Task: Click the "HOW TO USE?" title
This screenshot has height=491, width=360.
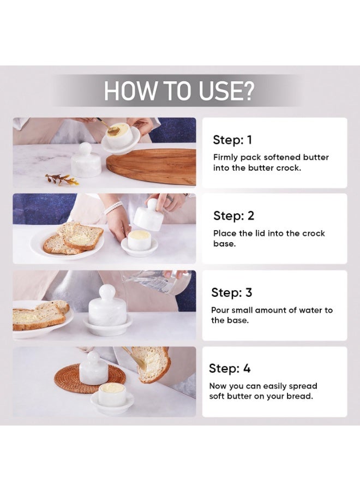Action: (179, 91)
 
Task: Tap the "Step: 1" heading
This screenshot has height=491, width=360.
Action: (232, 140)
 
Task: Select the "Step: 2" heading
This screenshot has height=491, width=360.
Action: (233, 215)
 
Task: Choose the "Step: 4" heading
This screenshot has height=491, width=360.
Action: (230, 368)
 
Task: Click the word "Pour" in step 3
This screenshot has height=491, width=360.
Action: (221, 310)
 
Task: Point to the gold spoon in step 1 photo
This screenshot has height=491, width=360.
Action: (111, 129)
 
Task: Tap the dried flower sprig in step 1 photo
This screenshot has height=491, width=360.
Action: (61, 178)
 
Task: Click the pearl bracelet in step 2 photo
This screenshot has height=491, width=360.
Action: (113, 207)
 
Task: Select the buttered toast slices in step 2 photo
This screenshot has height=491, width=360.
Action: (74, 238)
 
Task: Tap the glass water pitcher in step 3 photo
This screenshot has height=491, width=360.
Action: (158, 282)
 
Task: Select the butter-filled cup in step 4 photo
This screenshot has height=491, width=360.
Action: (113, 392)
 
